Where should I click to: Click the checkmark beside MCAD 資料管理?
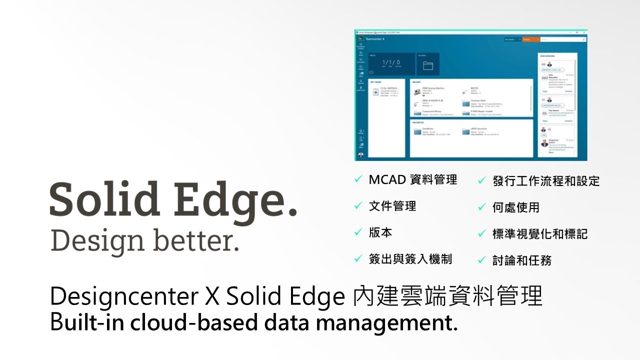358,180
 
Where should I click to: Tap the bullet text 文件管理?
392,206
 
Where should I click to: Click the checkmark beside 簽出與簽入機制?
358,258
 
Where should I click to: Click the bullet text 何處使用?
516,207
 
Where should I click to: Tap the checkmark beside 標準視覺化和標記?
482,233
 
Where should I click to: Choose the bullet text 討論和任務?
522,260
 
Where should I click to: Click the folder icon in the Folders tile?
427,66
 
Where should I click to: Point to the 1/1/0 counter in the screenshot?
391,63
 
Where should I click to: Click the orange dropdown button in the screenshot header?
530,39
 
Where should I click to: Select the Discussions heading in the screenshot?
547,56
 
